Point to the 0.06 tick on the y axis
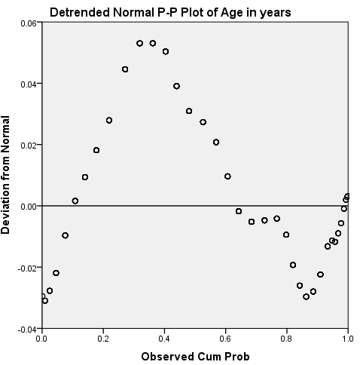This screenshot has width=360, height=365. click(28, 23)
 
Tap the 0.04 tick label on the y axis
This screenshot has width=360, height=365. click(28, 84)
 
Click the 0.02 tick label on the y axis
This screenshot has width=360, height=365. click(28, 145)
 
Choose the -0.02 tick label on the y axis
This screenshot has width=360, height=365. click(26, 268)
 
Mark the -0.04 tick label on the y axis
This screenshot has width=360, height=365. click(26, 329)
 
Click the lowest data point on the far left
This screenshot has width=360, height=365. click(45, 300)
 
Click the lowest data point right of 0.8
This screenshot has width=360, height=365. click(306, 296)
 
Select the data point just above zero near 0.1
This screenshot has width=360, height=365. click(75, 201)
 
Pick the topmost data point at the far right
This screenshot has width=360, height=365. click(347, 196)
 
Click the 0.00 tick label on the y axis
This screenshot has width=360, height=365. click(28, 206)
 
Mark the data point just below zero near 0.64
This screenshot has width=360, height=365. click(239, 211)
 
